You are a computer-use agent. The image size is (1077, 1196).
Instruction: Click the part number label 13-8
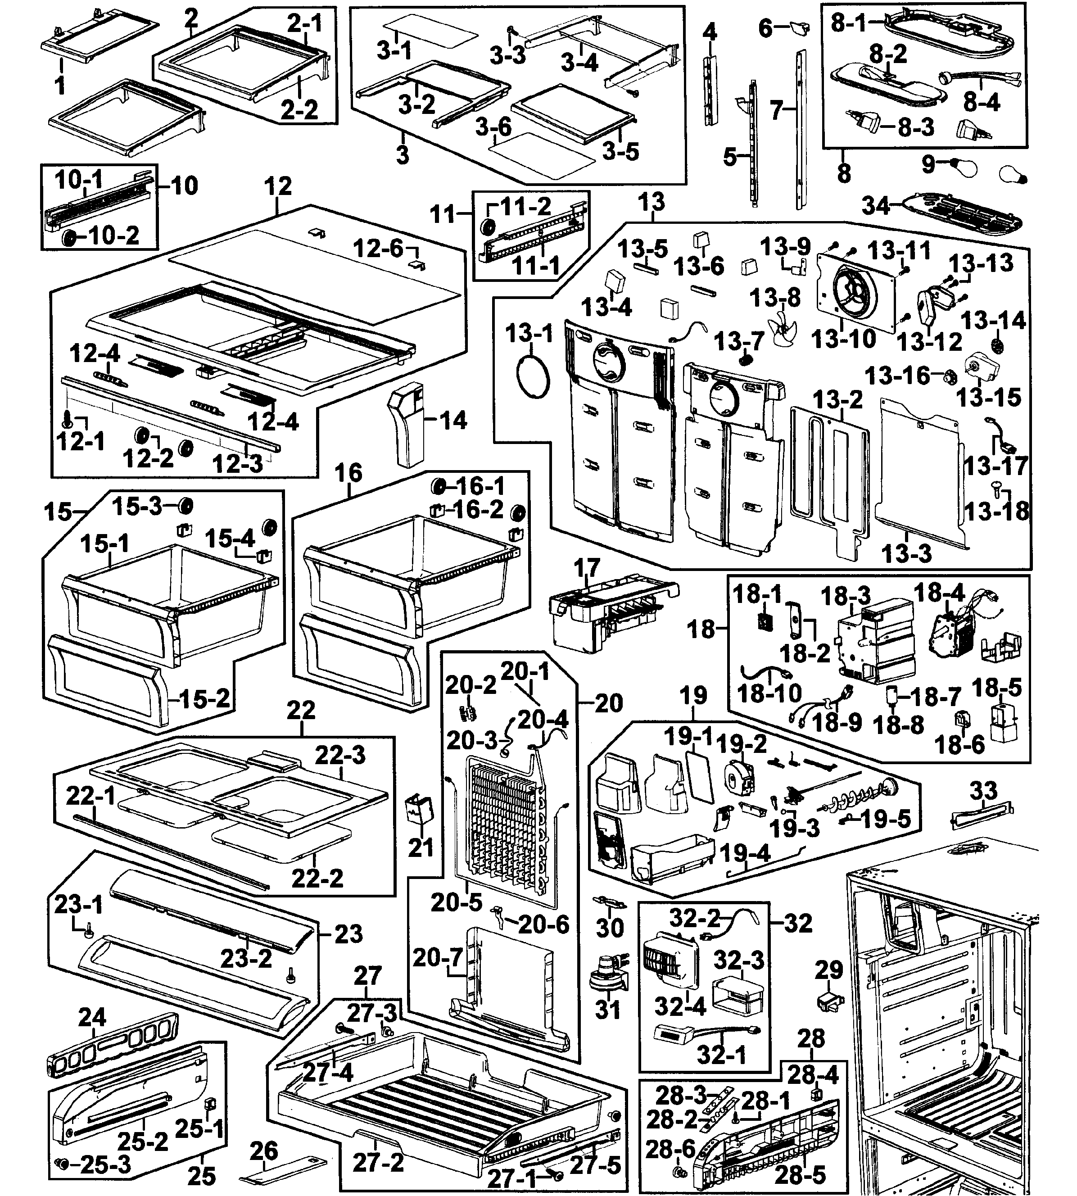pyautogui.click(x=775, y=297)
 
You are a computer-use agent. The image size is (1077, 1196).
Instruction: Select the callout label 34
pyautogui.click(x=876, y=205)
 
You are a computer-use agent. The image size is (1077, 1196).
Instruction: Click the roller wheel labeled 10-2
pyautogui.click(x=69, y=238)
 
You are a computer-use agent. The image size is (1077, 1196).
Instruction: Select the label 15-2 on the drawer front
pyautogui.click(x=204, y=699)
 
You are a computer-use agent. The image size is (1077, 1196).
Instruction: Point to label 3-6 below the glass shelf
pyautogui.click(x=493, y=126)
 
